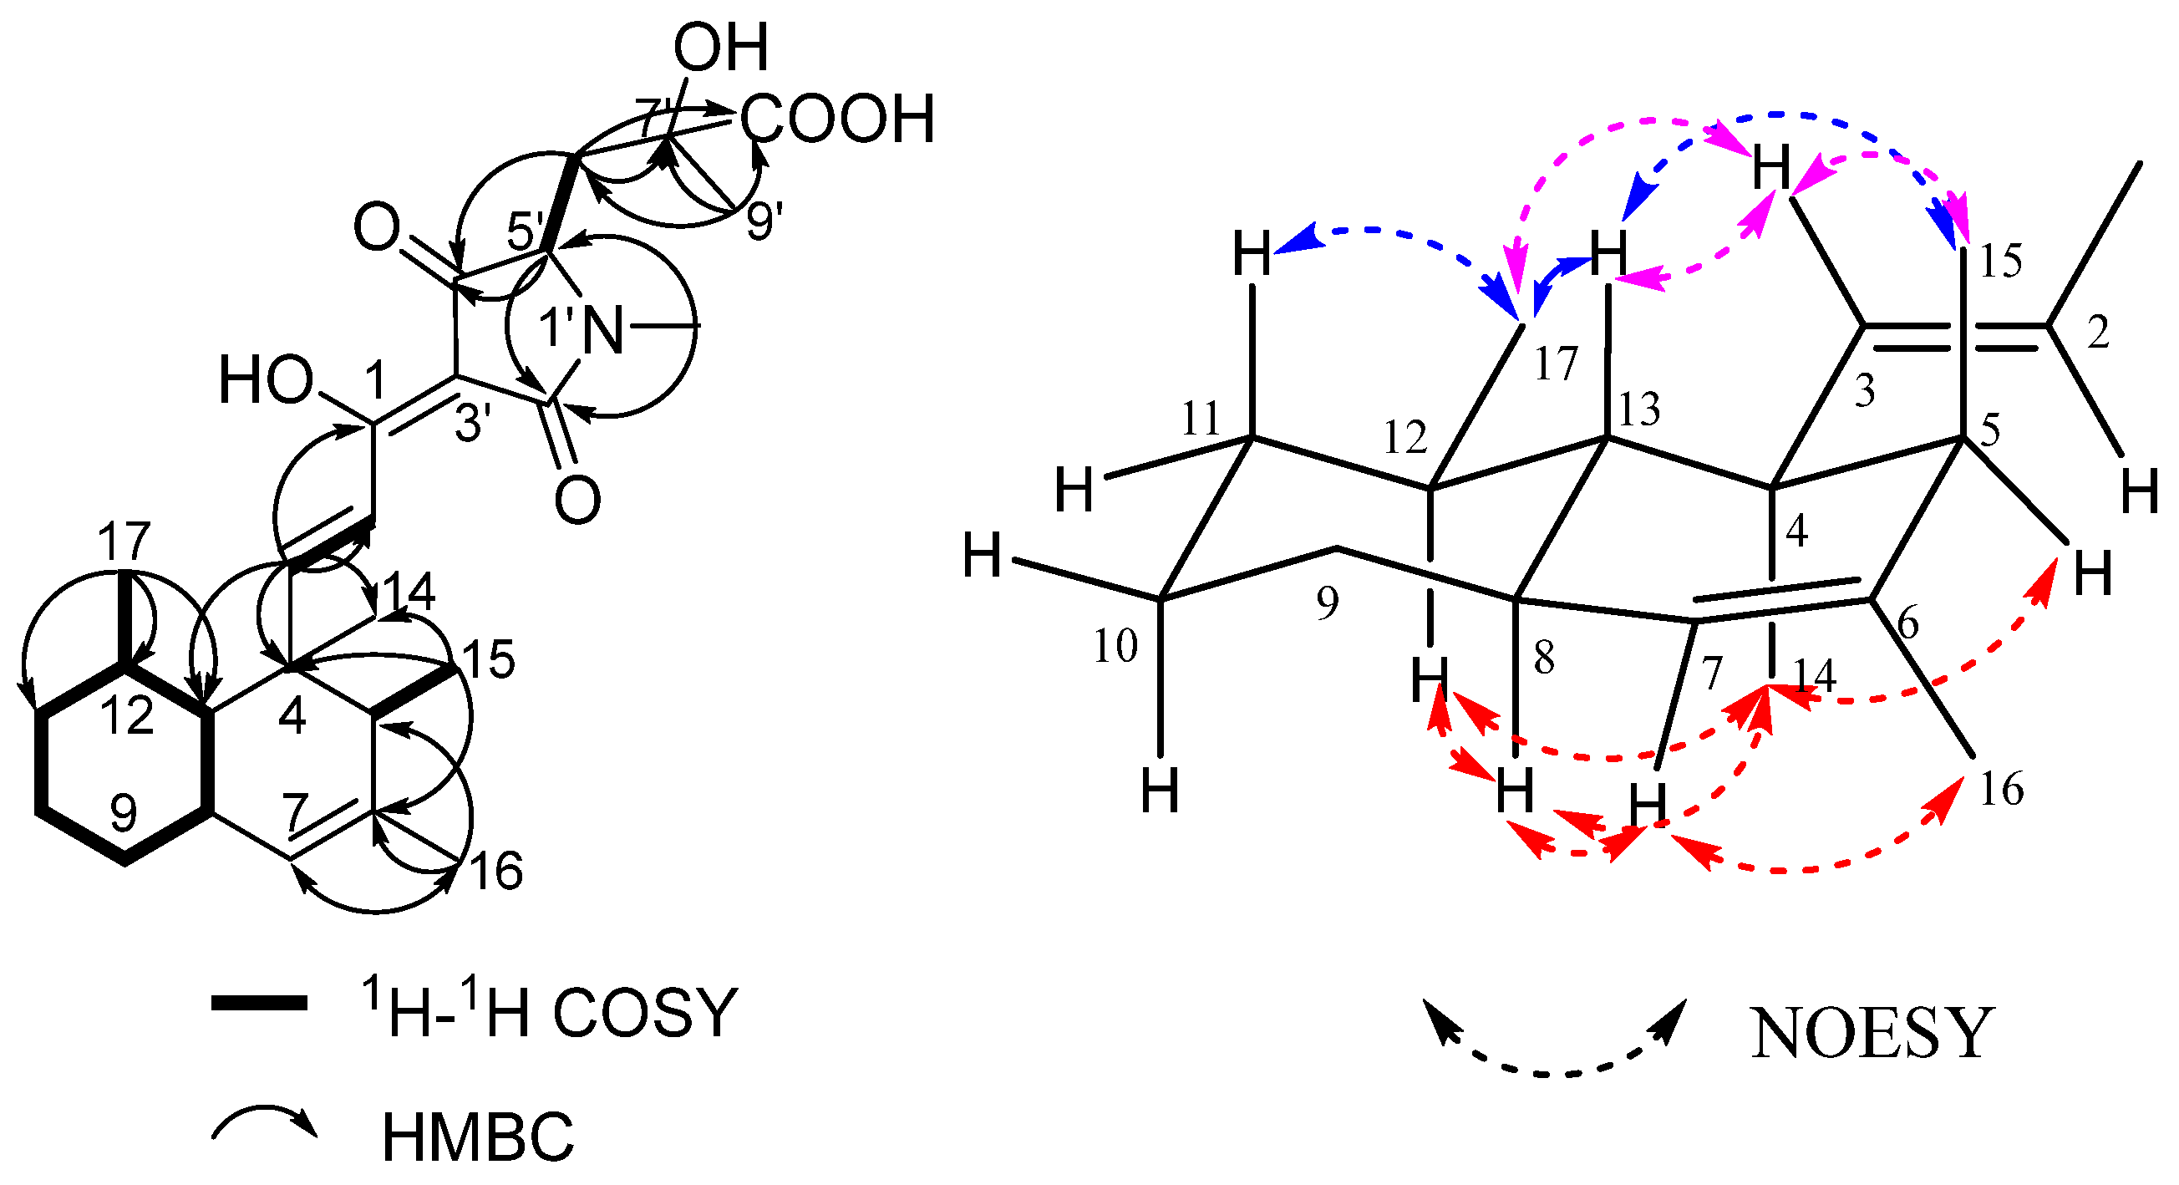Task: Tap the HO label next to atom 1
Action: pyautogui.click(x=266, y=380)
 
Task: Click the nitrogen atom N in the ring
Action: pyautogui.click(x=604, y=330)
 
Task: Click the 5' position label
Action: pyautogui.click(x=526, y=230)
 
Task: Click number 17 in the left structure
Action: pyautogui.click(x=124, y=542)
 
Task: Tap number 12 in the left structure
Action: pyautogui.click(x=127, y=715)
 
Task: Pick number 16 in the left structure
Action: pyautogui.click(x=496, y=870)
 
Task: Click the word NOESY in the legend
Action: pyautogui.click(x=1872, y=1034)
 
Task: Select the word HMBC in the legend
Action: pyautogui.click(x=478, y=1137)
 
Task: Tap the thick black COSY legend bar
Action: pyautogui.click(x=258, y=1003)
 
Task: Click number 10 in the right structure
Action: pyautogui.click(x=1115, y=646)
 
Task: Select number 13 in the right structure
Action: pyautogui.click(x=1639, y=410)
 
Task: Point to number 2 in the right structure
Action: pyautogui.click(x=2098, y=333)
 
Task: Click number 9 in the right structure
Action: pyautogui.click(x=1328, y=603)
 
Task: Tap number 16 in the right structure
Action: pyautogui.click(x=2001, y=789)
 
